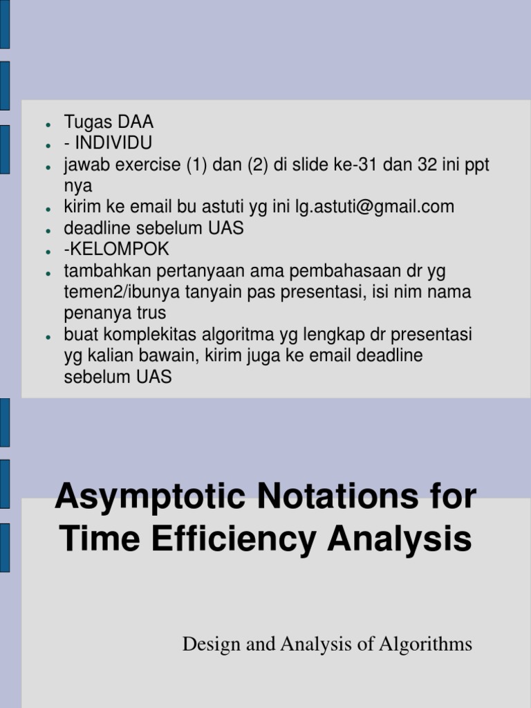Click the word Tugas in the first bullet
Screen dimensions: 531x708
88,122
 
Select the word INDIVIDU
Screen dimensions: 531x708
113,142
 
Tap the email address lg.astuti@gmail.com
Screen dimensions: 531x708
375,207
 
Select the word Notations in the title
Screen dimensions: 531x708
337,495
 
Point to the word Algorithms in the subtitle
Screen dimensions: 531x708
425,644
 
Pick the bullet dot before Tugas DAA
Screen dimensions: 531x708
48,124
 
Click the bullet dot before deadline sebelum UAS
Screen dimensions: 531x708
48,230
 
